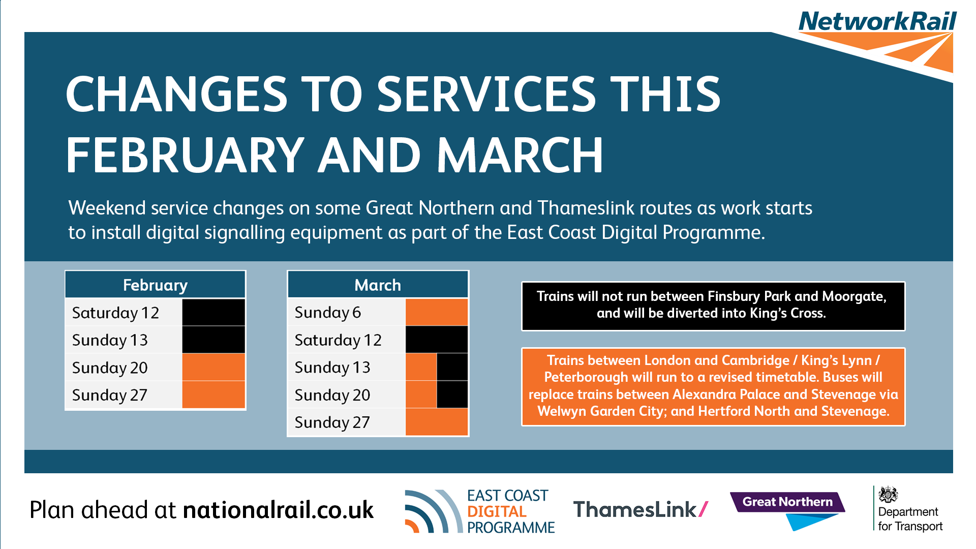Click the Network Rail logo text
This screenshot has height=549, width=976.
pos(877,21)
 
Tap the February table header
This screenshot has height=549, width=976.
pos(155,285)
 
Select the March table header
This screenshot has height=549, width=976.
pos(378,285)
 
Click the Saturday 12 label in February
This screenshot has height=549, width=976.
pos(115,313)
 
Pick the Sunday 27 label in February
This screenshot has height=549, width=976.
pos(110,395)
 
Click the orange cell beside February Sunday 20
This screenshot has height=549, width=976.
pos(213,367)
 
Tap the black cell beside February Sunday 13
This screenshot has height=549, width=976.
pos(213,340)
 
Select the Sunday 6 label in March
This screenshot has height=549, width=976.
pos(328,312)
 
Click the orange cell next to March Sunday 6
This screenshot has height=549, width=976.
pos(437,312)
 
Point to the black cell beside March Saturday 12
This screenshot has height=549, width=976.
pos(437,340)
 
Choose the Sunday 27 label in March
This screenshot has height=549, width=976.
pos(332,422)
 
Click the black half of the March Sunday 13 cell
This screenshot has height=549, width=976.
pos(452,367)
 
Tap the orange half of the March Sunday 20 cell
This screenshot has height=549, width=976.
pos(421,394)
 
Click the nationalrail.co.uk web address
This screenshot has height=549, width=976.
pos(278,510)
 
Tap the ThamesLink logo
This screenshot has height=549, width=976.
pos(640,509)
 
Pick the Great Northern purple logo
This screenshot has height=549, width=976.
pos(787,502)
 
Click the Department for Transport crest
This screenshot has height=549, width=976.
pos(888,494)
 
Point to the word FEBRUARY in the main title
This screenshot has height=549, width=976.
pos(185,155)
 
